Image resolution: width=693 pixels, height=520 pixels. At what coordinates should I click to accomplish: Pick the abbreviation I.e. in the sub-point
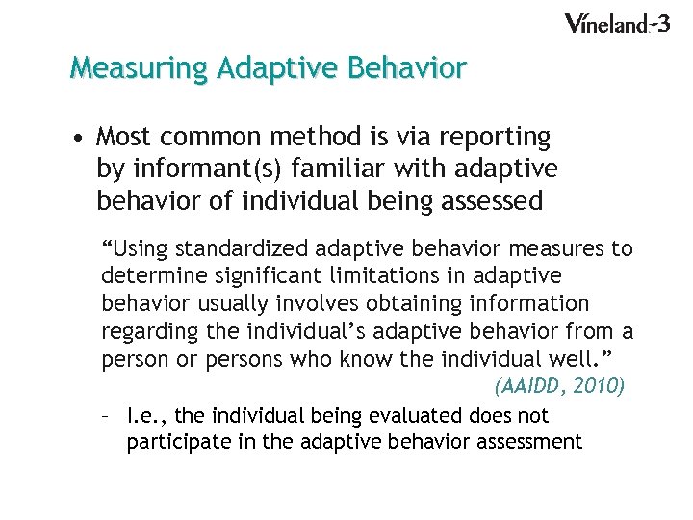pyautogui.click(x=145, y=416)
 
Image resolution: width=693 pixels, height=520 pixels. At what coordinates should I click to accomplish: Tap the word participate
pyautogui.click(x=179, y=443)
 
